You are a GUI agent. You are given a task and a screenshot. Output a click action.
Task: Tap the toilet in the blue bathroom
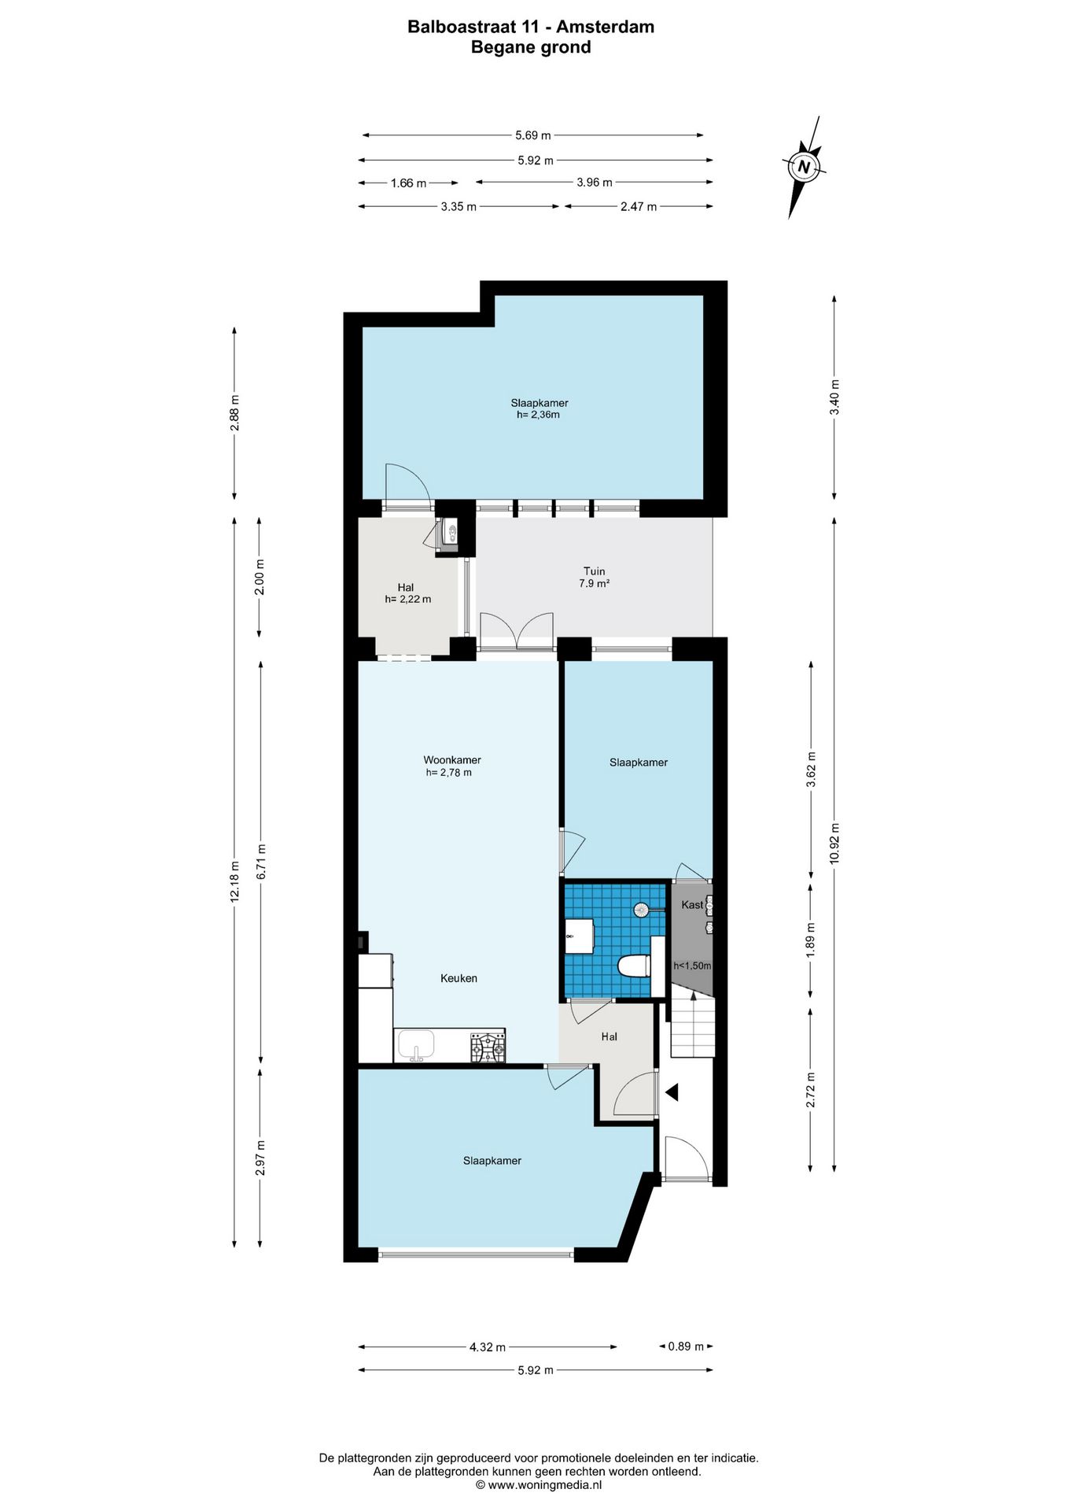coord(635,965)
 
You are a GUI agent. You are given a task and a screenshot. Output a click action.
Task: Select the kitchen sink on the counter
coord(416,1045)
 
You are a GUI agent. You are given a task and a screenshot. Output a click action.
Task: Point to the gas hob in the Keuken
coord(488,1047)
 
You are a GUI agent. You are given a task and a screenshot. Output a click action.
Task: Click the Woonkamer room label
coord(452,759)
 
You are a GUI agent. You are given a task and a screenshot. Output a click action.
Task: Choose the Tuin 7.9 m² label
coord(595,577)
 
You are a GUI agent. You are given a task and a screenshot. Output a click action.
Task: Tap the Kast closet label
coord(692,904)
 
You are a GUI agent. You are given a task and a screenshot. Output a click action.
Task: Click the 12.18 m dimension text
coord(234,881)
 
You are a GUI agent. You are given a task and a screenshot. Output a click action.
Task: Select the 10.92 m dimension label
coord(834,843)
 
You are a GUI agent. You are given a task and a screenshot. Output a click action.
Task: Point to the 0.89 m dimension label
coord(686,1347)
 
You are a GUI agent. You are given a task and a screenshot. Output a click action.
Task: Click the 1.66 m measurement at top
coord(408,183)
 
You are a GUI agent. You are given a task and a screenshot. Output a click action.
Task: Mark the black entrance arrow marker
coord(672,1092)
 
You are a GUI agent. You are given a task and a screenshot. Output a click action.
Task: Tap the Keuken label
coord(459,978)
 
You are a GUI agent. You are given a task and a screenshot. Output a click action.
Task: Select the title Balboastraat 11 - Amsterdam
coord(531,27)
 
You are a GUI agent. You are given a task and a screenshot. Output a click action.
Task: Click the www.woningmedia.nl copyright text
coord(539,1485)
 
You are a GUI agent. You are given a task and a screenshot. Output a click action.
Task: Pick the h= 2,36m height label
coord(538,415)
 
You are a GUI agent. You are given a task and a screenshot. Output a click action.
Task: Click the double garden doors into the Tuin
coord(517,631)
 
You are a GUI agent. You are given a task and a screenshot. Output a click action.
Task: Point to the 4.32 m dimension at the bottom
coord(487,1347)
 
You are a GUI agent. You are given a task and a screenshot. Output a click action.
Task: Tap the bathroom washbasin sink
coord(579,936)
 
